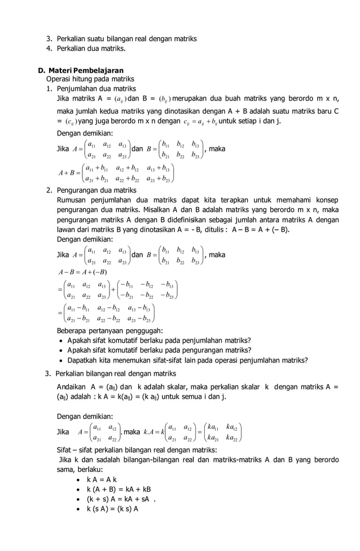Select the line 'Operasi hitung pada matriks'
[x=90, y=79]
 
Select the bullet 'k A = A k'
[x=102, y=479]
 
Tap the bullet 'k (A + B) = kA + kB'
[x=118, y=489]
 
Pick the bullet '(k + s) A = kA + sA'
[x=118, y=498]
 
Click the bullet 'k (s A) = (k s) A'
[x=112, y=508]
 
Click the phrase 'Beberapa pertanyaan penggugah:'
[x=110, y=330]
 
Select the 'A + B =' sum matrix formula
[x=116, y=173]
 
